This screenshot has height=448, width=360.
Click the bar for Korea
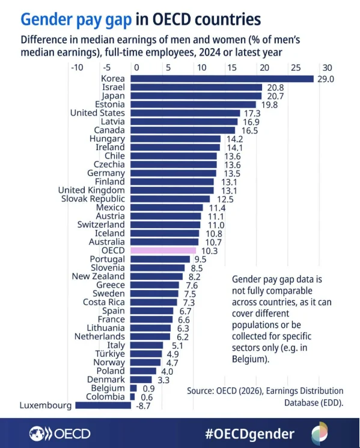pyautogui.click(x=222, y=79)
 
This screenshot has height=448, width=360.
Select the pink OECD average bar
pyautogui.click(x=163, y=250)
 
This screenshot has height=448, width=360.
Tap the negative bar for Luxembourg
pyautogui.click(x=103, y=405)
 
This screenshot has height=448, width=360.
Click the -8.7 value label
pyautogui.click(x=143, y=405)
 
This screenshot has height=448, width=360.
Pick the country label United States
pyautogui.click(x=97, y=113)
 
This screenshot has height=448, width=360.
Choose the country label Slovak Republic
pyautogui.click(x=93, y=199)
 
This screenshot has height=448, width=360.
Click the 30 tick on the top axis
pyautogui.click(x=326, y=68)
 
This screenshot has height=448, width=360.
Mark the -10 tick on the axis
pyautogui.click(x=76, y=68)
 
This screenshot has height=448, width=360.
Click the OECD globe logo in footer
pyautogui.click(x=39, y=434)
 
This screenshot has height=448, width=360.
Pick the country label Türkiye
pyautogui.click(x=111, y=354)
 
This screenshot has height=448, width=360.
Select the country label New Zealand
pyautogui.click(x=98, y=276)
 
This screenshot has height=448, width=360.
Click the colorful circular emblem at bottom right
pyautogui.click(x=320, y=434)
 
